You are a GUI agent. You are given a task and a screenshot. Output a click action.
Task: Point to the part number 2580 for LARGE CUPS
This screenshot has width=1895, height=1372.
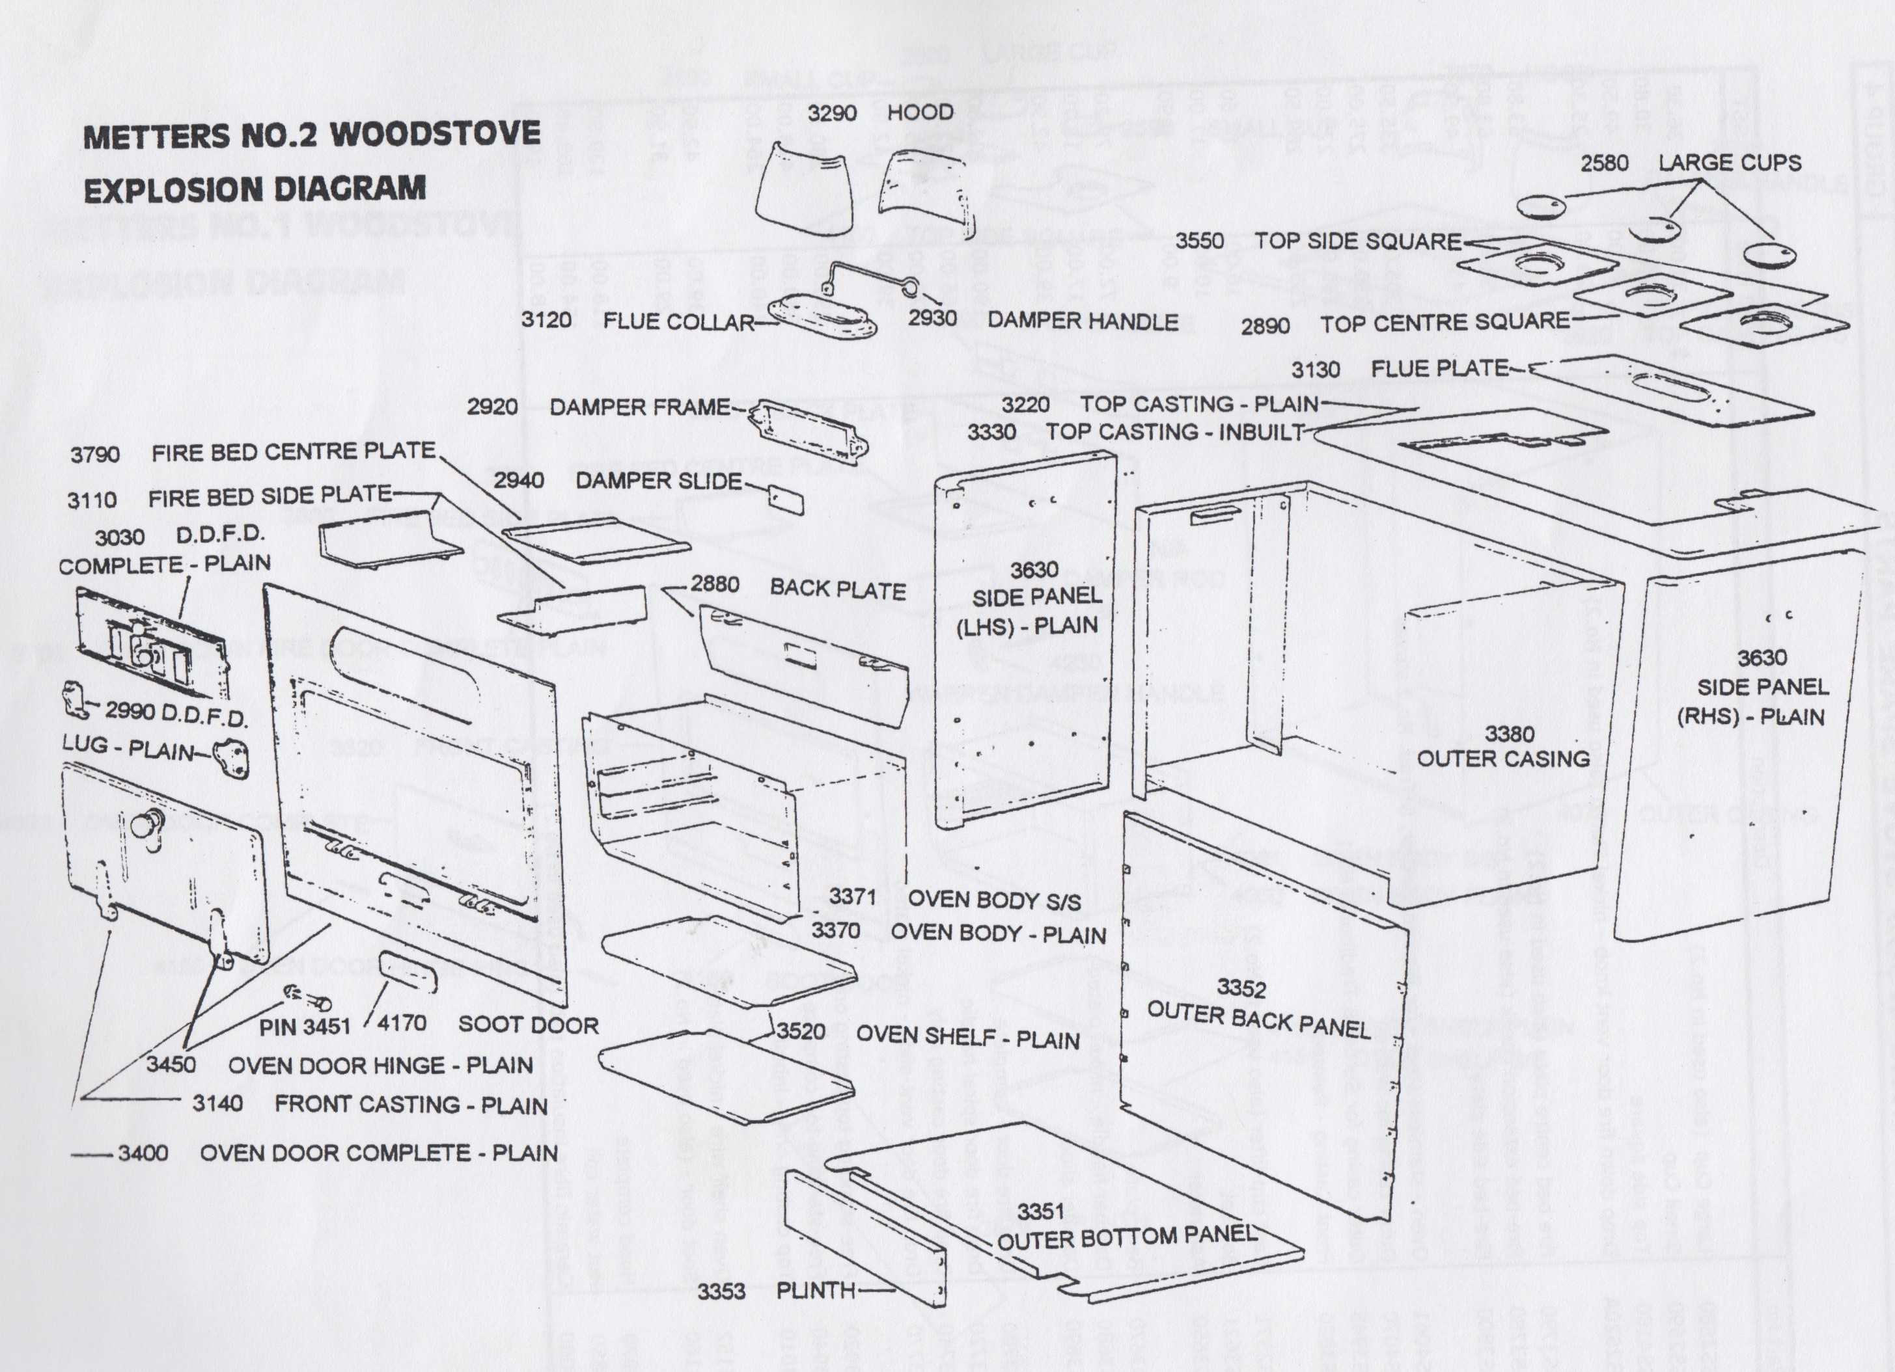pos(1603,163)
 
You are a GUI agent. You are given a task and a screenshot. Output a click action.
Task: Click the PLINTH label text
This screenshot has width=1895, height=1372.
pos(816,1290)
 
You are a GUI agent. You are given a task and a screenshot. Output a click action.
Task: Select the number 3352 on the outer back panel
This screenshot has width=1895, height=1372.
pos(1241,988)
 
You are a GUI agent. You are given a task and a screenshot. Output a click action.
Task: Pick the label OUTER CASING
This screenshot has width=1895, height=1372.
pos(1503,759)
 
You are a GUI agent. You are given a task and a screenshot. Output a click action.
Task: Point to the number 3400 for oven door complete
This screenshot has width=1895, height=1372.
pos(143,1153)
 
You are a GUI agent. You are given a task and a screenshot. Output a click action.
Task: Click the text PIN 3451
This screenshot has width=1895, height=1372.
pos(304,1027)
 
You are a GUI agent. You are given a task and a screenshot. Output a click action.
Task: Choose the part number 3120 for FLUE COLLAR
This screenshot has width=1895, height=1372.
pos(546,320)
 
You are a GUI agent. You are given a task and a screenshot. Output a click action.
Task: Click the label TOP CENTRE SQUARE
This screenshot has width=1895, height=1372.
pos(1445,322)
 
